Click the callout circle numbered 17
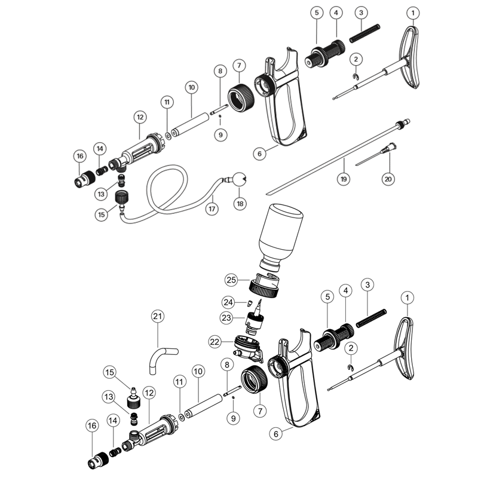click(x=211, y=209)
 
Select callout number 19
click(x=344, y=178)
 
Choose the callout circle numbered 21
click(x=158, y=316)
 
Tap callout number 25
click(x=232, y=279)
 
